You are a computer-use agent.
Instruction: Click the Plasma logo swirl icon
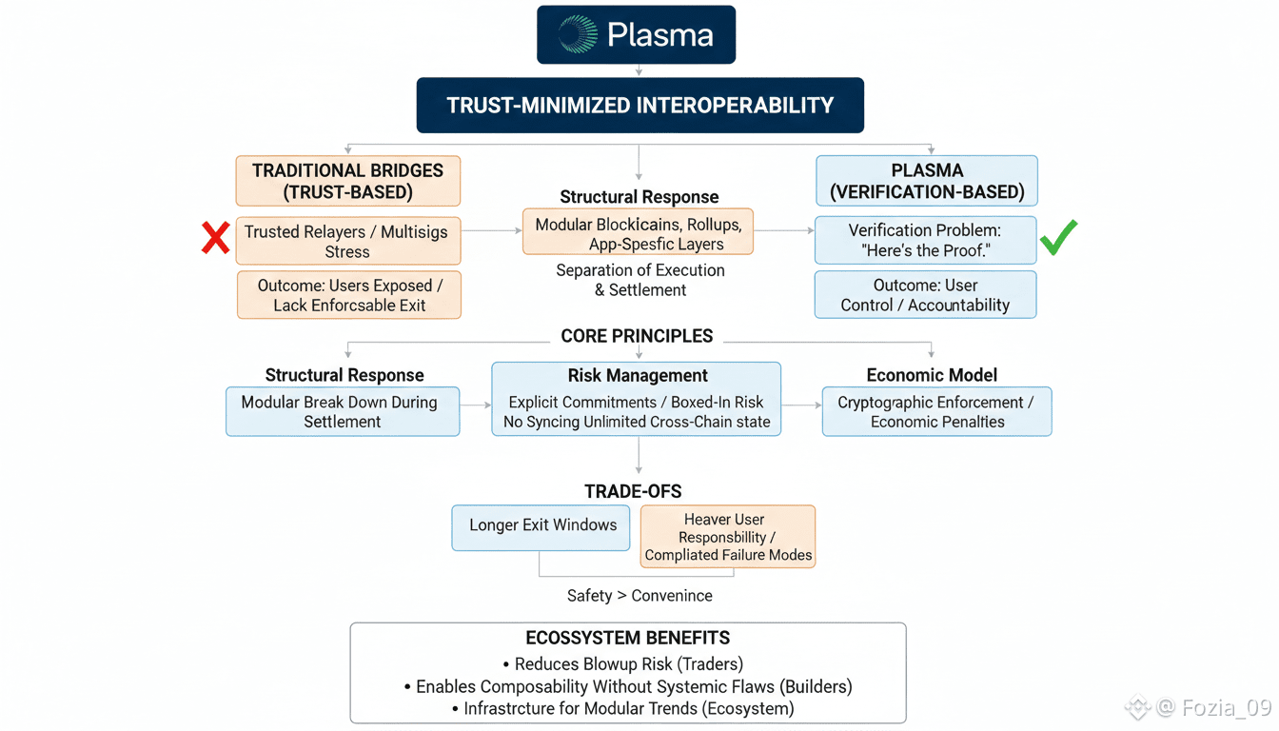point(578,34)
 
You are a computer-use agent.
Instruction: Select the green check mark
point(1058,237)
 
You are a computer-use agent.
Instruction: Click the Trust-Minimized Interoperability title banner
point(639,105)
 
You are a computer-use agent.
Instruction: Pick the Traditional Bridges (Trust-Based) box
point(347,181)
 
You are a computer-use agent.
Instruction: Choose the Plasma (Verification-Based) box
point(927,181)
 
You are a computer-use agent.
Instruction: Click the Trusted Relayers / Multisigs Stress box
point(347,242)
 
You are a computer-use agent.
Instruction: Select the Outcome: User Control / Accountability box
point(925,295)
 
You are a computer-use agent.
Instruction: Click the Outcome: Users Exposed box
point(348,295)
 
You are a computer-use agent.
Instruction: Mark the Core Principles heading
point(637,336)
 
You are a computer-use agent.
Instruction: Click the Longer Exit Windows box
point(541,525)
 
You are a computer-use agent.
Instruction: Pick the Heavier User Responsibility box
point(728,537)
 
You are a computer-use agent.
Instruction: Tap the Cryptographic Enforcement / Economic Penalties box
point(936,412)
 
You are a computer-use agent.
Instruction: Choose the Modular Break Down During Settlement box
point(343,412)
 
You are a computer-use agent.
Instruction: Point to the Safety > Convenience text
point(639,596)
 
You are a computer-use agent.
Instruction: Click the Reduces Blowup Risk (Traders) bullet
point(628,664)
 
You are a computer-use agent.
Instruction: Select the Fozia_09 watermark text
point(1213,707)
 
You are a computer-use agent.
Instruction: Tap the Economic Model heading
point(932,375)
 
